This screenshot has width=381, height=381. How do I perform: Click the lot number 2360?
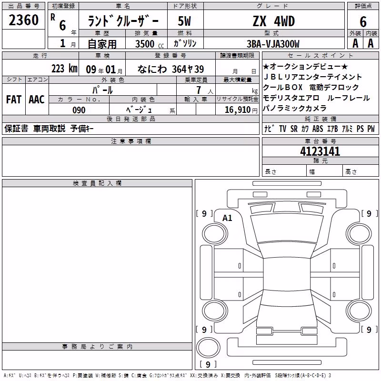pyautogui.click(x=23, y=20)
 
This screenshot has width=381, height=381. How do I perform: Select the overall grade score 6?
pyautogui.click(x=363, y=22)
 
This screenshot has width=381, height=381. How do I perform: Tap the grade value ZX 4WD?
pyautogui.click(x=274, y=21)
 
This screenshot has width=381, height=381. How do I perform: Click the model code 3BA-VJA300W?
pyautogui.click(x=273, y=44)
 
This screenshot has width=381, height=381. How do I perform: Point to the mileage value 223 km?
pyautogui.click(x=64, y=69)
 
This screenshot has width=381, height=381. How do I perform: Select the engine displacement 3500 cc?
pyautogui.click(x=150, y=44)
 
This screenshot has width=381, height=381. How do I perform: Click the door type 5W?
pyautogui.click(x=184, y=21)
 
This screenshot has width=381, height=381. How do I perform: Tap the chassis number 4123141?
pyautogui.click(x=320, y=151)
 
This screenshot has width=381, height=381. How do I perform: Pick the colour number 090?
pyautogui.click(x=79, y=110)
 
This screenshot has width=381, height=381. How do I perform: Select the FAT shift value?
pyautogui.click(x=14, y=100)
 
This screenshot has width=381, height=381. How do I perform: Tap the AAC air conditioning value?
pyautogui.click(x=37, y=100)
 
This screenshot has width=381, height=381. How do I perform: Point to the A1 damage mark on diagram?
pyautogui.click(x=227, y=218)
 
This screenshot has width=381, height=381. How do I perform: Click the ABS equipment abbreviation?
pyautogui.click(x=318, y=129)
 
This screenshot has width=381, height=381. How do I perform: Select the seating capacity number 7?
pyautogui.click(x=199, y=90)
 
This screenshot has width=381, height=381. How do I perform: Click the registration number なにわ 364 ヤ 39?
pyautogui.click(x=170, y=69)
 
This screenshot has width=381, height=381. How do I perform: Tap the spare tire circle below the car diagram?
pyautogui.click(x=208, y=348)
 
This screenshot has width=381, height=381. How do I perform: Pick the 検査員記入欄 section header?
pyautogui.click(x=97, y=183)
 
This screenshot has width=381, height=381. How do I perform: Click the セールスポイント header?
pyautogui.click(x=320, y=55)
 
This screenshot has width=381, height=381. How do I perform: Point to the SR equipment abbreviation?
pyautogui.click(x=294, y=129)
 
